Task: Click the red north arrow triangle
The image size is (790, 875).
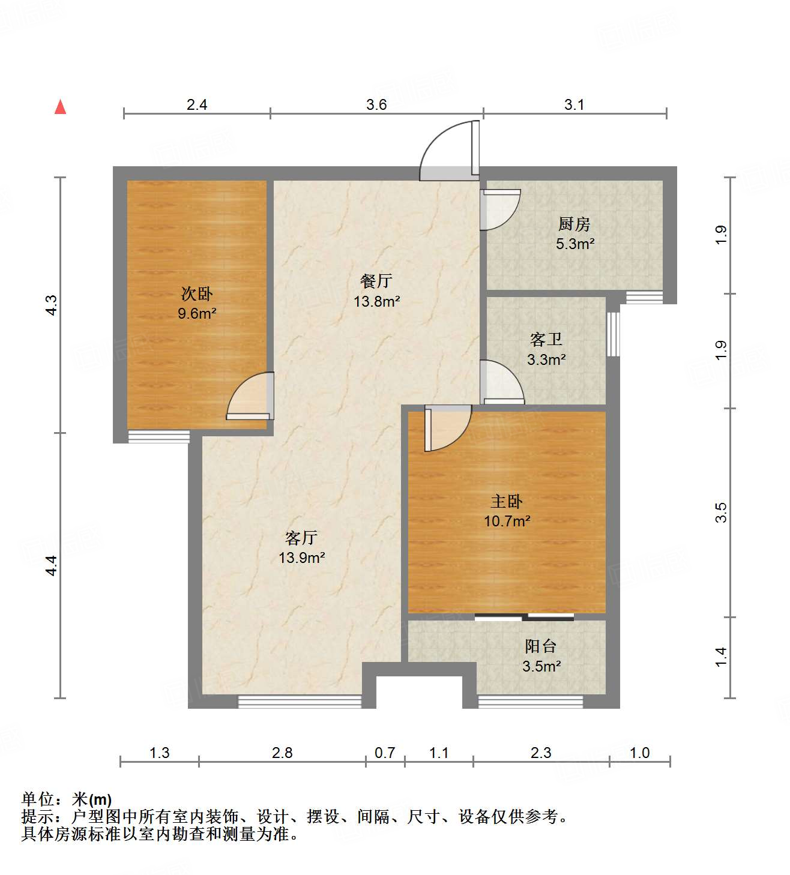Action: tap(60, 107)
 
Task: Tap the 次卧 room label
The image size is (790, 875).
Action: tap(197, 294)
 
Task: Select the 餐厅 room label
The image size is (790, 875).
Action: tap(376, 281)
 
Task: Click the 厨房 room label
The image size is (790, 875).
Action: tap(574, 224)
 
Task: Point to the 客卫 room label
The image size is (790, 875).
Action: tap(546, 340)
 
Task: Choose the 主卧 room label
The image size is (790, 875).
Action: tap(507, 501)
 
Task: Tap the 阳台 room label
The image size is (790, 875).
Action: tap(541, 646)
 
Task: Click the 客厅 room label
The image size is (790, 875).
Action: tap(301, 538)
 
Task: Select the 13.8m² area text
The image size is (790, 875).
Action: tap(377, 301)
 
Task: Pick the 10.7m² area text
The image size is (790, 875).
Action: tap(507, 521)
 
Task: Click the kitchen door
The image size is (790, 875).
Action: tap(499, 209)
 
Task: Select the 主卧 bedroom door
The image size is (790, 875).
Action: tap(445, 427)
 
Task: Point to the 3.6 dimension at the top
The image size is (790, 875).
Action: tap(376, 105)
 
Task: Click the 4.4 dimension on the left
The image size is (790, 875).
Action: tap(52, 565)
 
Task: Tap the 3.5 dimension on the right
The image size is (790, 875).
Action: tap(721, 512)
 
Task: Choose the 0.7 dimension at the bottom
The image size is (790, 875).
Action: tap(385, 753)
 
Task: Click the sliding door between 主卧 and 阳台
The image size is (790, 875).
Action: tap(524, 616)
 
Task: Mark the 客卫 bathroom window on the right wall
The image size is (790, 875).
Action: tap(612, 334)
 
